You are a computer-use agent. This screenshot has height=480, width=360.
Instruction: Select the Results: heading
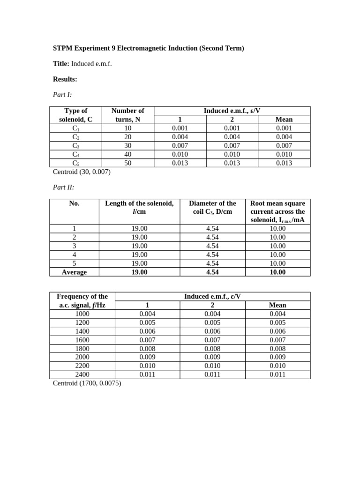65,79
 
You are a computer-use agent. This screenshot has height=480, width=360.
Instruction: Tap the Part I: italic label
62,95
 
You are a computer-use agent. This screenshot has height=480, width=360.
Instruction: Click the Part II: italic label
63,187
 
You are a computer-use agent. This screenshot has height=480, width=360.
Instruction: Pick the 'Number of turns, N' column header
127,115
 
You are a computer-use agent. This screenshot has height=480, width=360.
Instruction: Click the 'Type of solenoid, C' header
75,115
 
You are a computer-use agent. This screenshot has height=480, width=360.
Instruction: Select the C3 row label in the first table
75,146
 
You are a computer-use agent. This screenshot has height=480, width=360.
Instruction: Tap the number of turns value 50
127,163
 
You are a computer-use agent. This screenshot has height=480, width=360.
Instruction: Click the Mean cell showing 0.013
284,163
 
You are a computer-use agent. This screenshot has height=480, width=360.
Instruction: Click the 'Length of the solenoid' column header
139,207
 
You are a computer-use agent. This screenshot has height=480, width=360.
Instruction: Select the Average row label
74,272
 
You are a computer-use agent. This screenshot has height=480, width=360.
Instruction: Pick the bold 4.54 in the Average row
212,272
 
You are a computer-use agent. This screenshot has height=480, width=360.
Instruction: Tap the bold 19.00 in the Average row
139,272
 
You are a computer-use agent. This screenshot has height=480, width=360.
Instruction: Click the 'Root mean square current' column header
277,211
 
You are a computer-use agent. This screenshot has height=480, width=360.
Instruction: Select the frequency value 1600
82,340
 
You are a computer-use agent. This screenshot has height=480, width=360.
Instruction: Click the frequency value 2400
82,375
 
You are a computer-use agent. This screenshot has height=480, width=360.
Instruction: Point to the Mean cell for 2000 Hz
277,357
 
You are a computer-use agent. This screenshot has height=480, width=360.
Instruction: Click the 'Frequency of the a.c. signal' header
82,300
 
